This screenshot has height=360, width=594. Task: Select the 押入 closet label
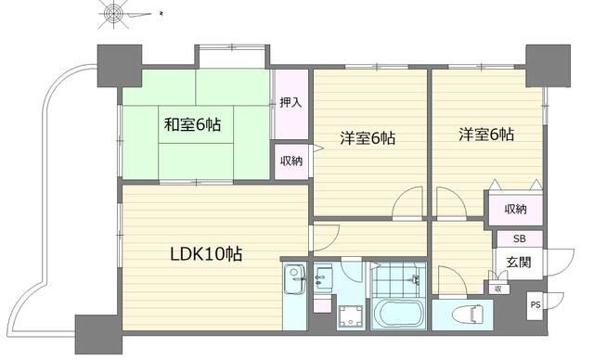tap(290, 102)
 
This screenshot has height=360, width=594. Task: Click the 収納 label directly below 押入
tap(290, 161)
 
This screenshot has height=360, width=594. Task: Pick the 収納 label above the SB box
tap(516, 209)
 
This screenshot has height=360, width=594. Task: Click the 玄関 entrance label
tap(519, 263)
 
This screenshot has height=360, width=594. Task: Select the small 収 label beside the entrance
tap(497, 289)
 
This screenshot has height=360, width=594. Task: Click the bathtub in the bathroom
tap(397, 314)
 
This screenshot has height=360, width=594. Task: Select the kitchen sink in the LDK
tap(295, 276)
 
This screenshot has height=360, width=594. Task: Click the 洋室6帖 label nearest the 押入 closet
tap(368, 139)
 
